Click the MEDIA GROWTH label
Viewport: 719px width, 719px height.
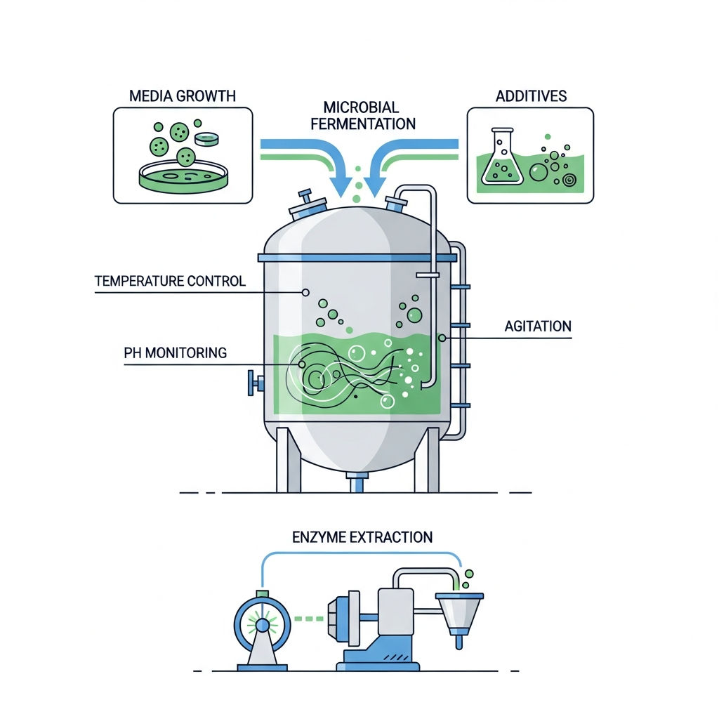(182, 95)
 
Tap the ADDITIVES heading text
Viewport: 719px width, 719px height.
(531, 95)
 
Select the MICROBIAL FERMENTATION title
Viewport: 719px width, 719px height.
(363, 116)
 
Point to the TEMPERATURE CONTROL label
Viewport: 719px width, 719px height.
(170, 281)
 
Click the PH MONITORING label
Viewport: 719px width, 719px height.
(175, 352)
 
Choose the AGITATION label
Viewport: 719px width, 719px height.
(538, 326)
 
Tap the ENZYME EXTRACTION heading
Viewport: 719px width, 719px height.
(362, 537)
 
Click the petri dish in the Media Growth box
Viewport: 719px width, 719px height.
(183, 177)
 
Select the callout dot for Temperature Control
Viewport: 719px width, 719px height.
(305, 293)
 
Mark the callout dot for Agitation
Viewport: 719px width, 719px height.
(442, 338)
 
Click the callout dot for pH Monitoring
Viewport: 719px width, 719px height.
(302, 364)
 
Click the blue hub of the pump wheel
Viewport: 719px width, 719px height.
(263, 624)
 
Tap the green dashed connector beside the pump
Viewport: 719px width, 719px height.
(309, 619)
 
